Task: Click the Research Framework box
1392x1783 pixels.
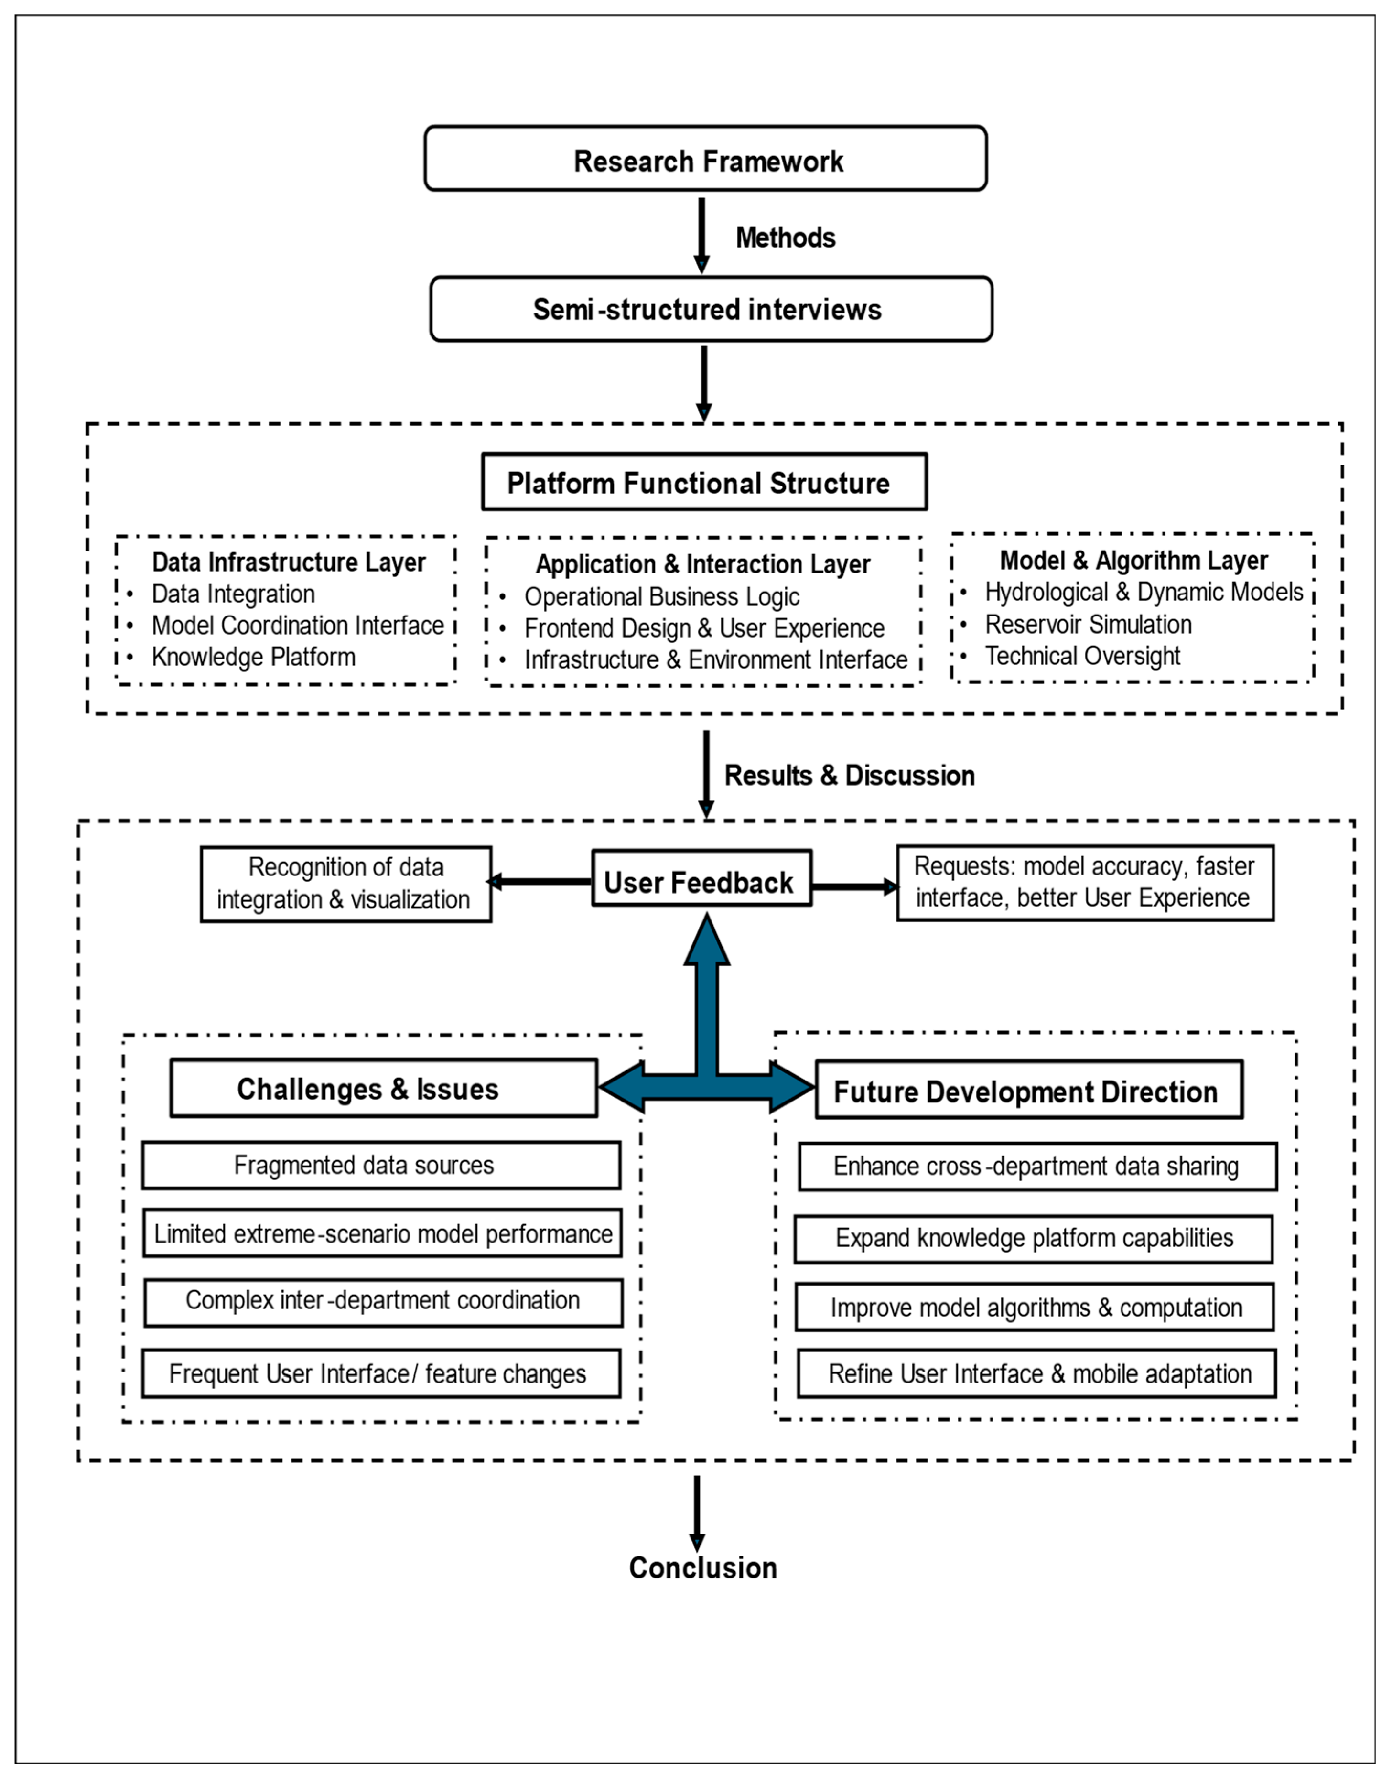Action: [705, 158]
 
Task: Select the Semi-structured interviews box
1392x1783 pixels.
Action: [711, 309]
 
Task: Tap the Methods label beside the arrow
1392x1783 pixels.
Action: [786, 238]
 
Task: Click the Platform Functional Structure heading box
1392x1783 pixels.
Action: [704, 483]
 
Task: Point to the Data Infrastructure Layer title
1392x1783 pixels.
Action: [289, 562]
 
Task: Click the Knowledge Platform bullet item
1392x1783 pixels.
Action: [254, 657]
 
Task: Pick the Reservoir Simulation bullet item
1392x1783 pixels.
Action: [1088, 625]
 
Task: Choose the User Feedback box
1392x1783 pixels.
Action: [702, 878]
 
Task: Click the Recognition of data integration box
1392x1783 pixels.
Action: [346, 884]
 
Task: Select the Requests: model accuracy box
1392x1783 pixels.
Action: [1085, 883]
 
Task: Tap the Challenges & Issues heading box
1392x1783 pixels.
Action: [384, 1088]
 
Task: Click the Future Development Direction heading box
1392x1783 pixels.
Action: [1029, 1090]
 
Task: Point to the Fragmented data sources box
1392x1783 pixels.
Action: [381, 1165]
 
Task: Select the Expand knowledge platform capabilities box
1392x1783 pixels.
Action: [1034, 1239]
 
